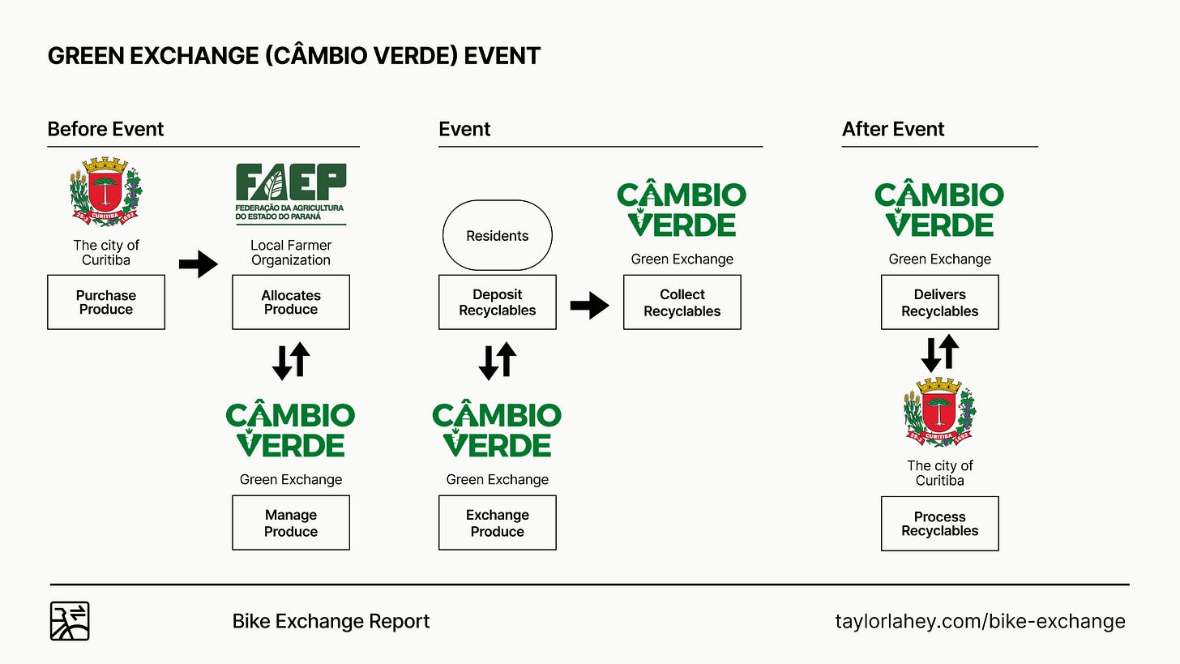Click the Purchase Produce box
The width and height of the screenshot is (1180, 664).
tap(106, 302)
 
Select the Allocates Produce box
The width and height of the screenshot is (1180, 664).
tap(291, 302)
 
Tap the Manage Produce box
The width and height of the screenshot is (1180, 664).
tap(291, 523)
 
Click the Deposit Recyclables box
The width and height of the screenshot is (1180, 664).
tap(498, 302)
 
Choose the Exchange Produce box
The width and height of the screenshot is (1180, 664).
tap(498, 523)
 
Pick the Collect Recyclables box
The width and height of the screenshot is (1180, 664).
tap(682, 302)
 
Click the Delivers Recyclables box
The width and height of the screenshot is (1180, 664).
tap(940, 302)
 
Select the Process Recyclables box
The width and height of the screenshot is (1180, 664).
tap(940, 523)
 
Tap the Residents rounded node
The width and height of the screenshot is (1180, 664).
tap(498, 236)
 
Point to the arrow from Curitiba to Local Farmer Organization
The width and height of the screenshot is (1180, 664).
tap(199, 263)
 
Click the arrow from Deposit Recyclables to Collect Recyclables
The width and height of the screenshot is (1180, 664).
tap(590, 305)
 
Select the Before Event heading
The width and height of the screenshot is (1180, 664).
tap(106, 129)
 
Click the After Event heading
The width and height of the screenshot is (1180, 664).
tap(893, 129)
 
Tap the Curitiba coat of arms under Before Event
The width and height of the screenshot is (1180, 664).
tap(106, 191)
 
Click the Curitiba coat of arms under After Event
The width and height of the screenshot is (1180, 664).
tap(940, 412)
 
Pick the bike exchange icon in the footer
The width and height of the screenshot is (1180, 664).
tap(70, 621)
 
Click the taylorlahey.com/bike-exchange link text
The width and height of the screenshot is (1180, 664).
tap(980, 621)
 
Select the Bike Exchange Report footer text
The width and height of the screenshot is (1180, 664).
tap(331, 621)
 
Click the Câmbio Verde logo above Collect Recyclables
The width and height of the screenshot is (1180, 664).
tap(682, 209)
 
